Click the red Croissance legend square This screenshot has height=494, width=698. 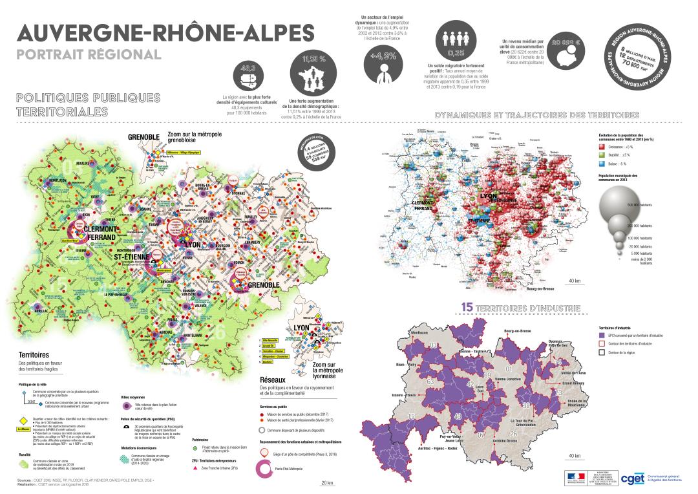click(x=603, y=147)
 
